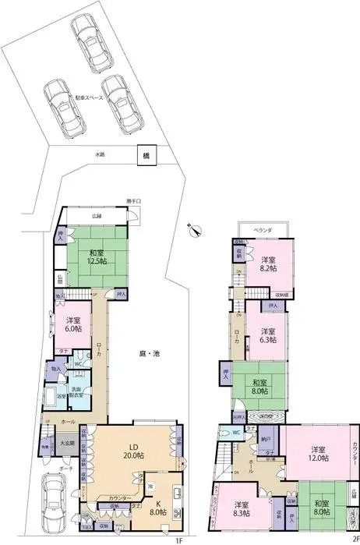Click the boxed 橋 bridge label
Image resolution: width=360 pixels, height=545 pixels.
click(146, 156)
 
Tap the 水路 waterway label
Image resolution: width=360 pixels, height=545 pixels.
click(100, 154)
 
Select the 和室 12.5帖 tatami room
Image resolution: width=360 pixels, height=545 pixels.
click(97, 257)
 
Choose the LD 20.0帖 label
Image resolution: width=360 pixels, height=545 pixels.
click(130, 450)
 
